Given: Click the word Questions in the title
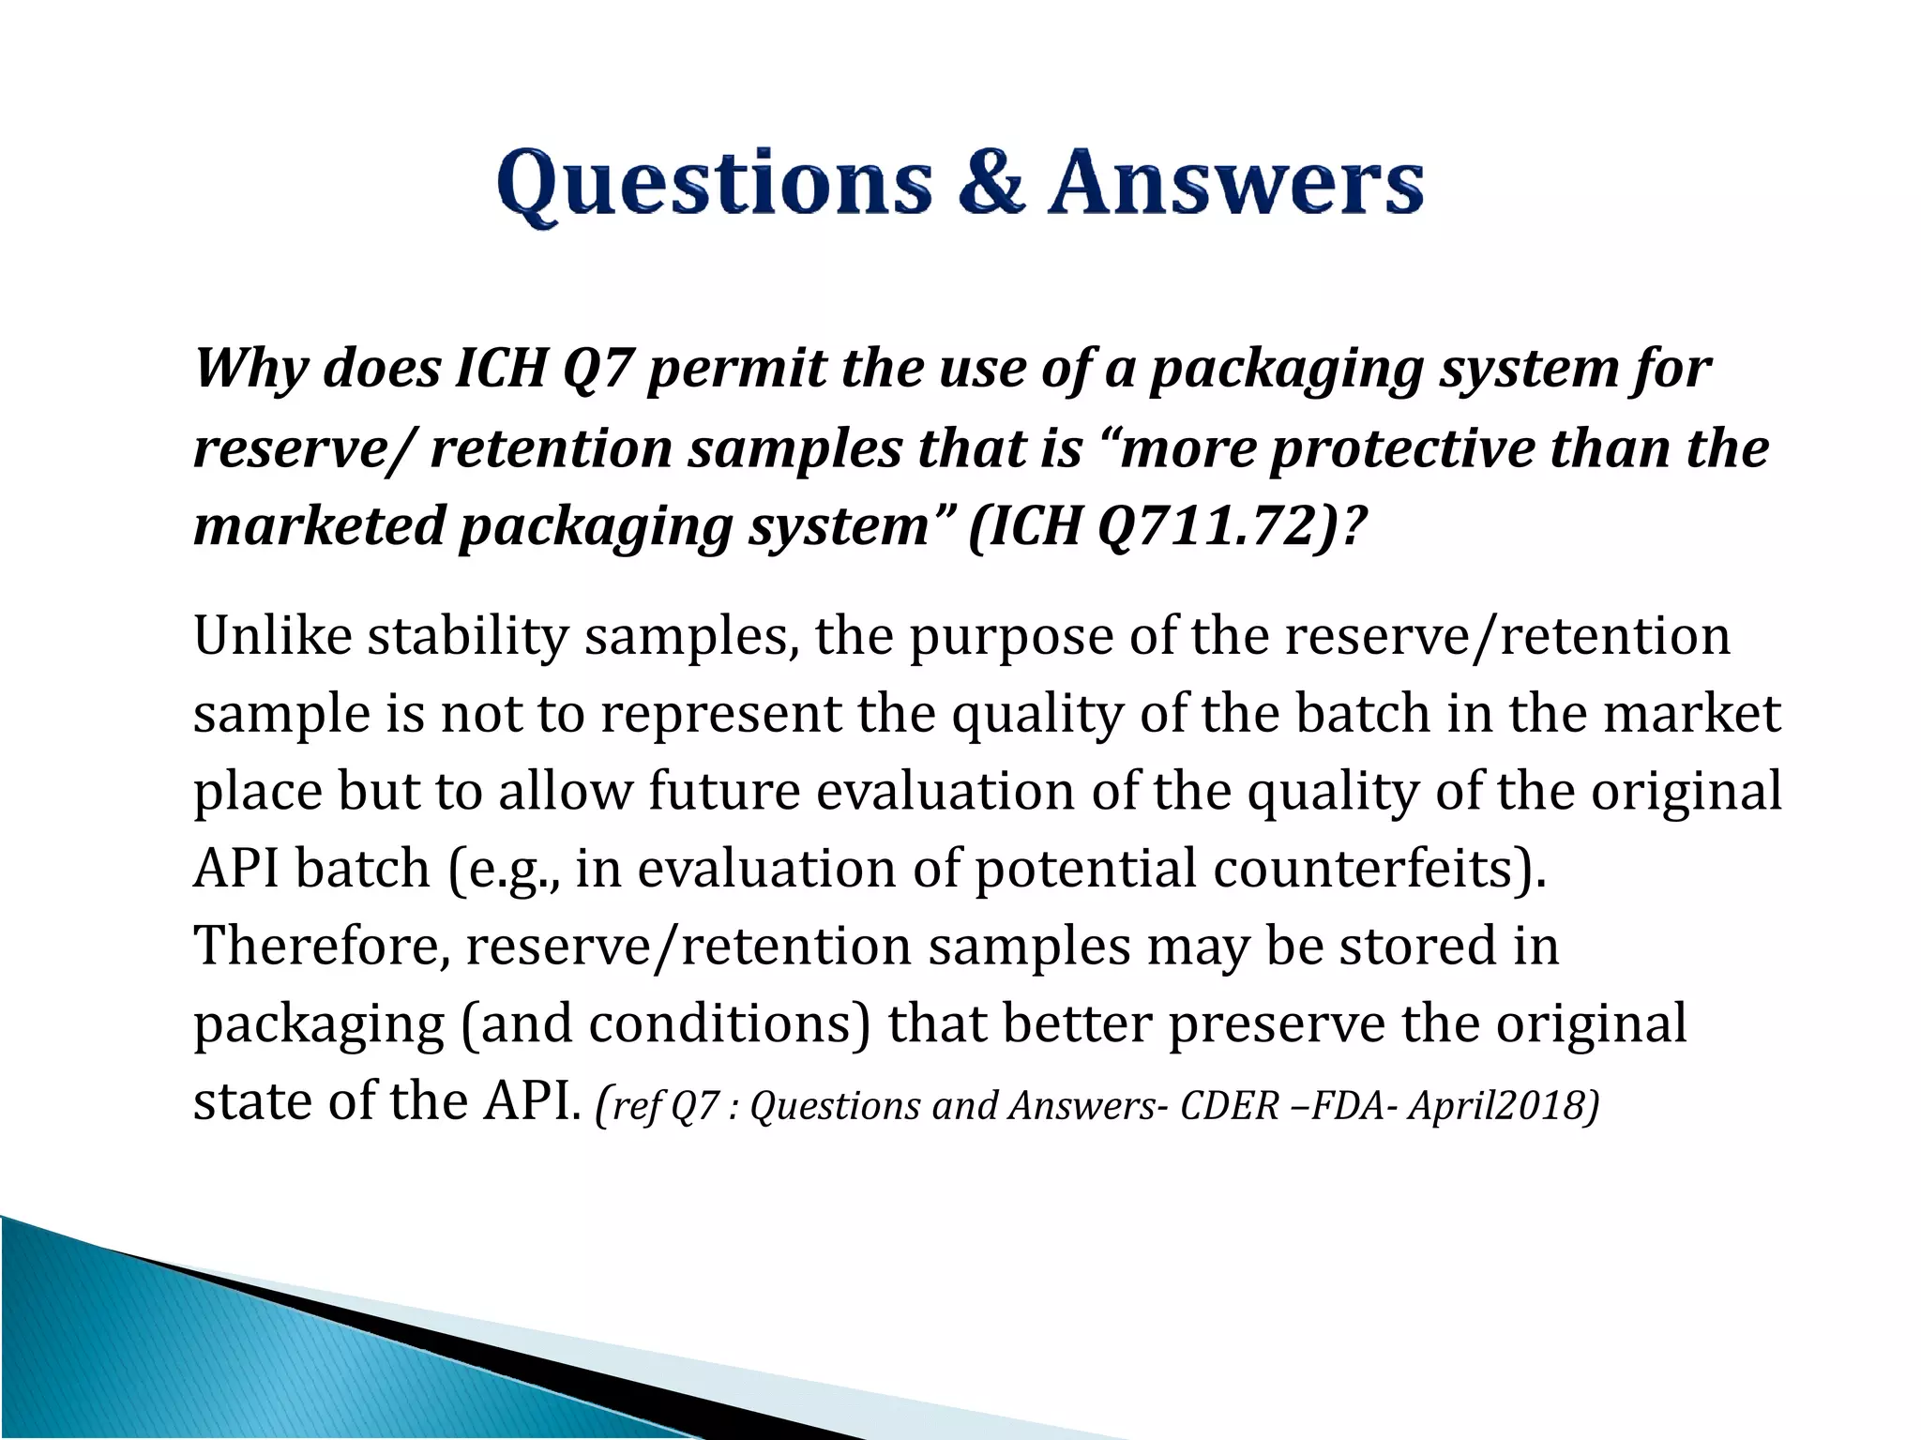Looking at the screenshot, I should click(715, 185).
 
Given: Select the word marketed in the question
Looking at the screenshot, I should click(318, 526).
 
